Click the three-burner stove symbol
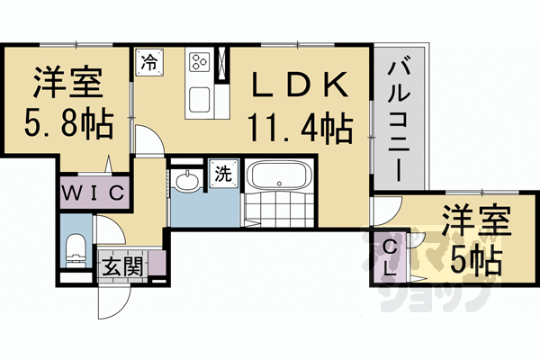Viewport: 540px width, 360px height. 199,62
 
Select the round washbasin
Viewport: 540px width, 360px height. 187,180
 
